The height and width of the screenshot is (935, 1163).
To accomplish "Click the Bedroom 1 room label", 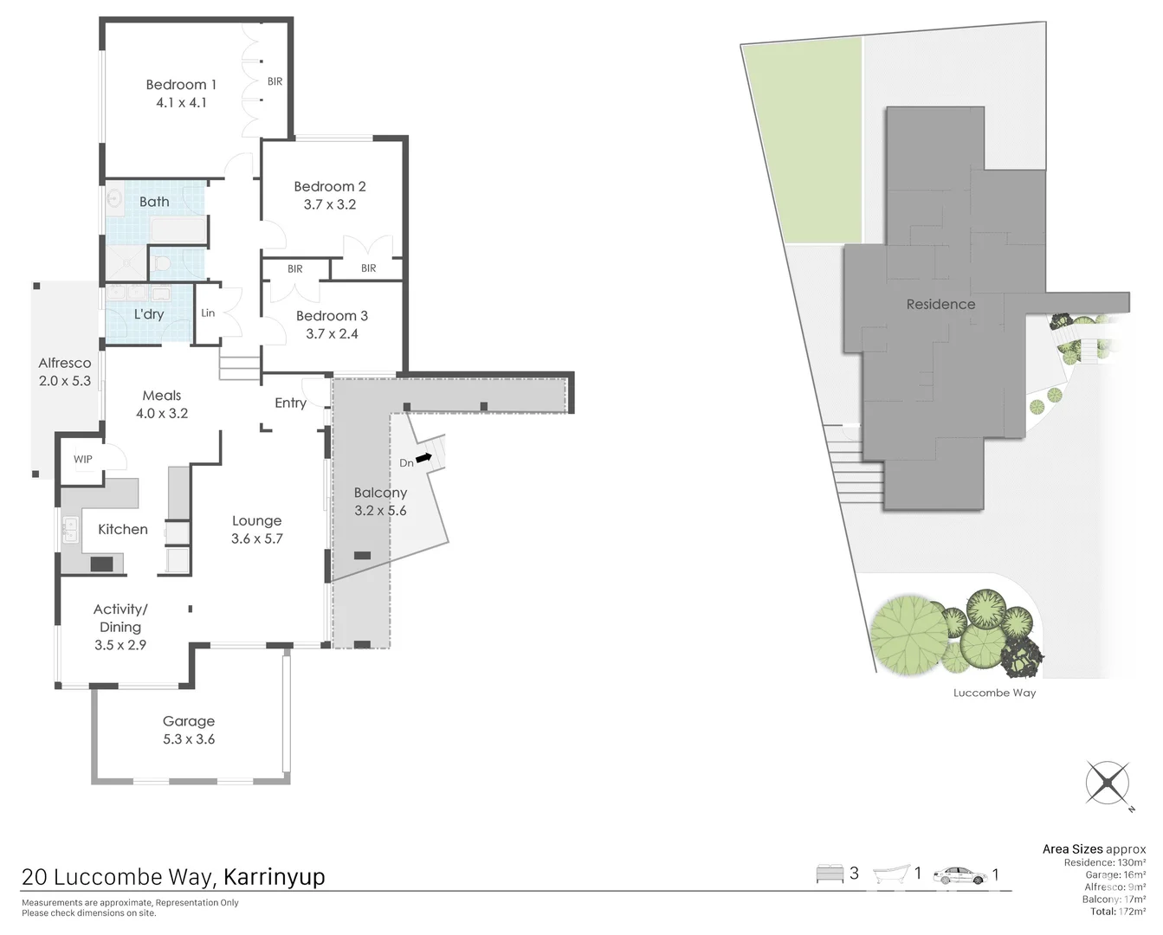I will click(x=180, y=85).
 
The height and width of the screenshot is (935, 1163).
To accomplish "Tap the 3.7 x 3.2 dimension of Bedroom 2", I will click(x=329, y=205).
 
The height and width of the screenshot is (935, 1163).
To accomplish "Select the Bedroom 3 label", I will click(x=332, y=316).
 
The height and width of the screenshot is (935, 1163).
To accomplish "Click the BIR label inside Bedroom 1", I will click(x=275, y=82).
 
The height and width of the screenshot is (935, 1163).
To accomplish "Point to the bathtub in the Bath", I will click(x=178, y=230).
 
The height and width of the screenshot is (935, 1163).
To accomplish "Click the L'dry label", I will click(x=149, y=314).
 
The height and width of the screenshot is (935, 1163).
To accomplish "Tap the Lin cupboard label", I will click(x=208, y=313).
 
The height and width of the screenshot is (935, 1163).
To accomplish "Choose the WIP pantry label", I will click(x=83, y=460).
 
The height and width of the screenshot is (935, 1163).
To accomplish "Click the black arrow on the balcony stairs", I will click(x=424, y=457).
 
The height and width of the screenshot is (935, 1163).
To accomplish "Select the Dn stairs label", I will click(x=406, y=463).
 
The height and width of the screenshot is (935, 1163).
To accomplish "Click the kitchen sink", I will click(x=70, y=529).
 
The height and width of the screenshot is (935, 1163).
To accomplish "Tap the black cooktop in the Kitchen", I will click(x=101, y=564).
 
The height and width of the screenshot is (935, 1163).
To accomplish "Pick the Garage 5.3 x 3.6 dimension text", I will click(x=189, y=739).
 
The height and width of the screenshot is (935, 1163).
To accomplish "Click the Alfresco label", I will click(x=65, y=364).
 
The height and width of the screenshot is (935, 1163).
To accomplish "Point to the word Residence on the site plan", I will click(x=940, y=305).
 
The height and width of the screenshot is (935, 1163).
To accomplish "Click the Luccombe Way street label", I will click(x=994, y=693).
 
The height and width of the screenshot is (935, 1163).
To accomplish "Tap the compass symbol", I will click(x=1108, y=783).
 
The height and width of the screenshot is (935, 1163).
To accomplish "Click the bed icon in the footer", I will click(x=829, y=874).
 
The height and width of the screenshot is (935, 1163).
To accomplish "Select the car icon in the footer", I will click(x=959, y=876).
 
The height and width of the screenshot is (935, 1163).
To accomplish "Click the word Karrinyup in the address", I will click(x=274, y=877).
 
